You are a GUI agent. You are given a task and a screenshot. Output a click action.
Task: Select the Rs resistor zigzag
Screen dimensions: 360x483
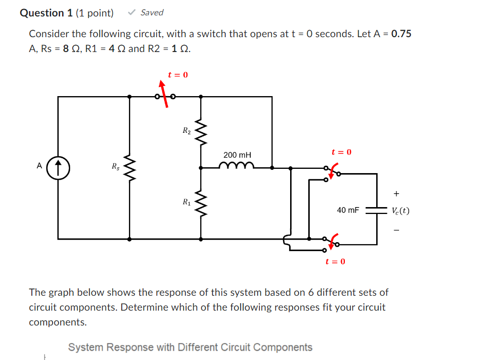pos(130,167)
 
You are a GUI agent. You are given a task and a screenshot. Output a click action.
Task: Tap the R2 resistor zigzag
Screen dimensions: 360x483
pos(200,131)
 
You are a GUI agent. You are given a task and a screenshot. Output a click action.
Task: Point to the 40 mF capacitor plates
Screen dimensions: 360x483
pos(377,210)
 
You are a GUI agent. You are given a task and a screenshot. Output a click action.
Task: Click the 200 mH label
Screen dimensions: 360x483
pos(237,155)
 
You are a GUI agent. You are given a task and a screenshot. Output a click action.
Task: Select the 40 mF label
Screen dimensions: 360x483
pos(348,210)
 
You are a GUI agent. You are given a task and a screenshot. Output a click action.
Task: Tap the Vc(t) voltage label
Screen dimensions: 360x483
pos(400,210)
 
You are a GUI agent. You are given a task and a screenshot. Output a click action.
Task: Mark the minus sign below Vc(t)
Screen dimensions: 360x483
pos(396,230)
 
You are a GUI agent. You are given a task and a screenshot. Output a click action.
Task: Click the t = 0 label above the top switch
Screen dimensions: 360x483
pos(177,75)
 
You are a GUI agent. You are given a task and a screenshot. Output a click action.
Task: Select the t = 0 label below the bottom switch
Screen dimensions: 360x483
pos(335,261)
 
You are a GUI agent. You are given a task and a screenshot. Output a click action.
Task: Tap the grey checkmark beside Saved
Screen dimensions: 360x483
pos(132,12)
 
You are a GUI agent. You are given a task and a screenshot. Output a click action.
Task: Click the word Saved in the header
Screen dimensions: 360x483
pos(152,12)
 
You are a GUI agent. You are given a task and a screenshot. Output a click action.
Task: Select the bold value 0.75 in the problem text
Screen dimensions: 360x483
pos(401,34)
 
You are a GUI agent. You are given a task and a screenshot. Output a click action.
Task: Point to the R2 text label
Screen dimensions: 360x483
pos(186,130)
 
